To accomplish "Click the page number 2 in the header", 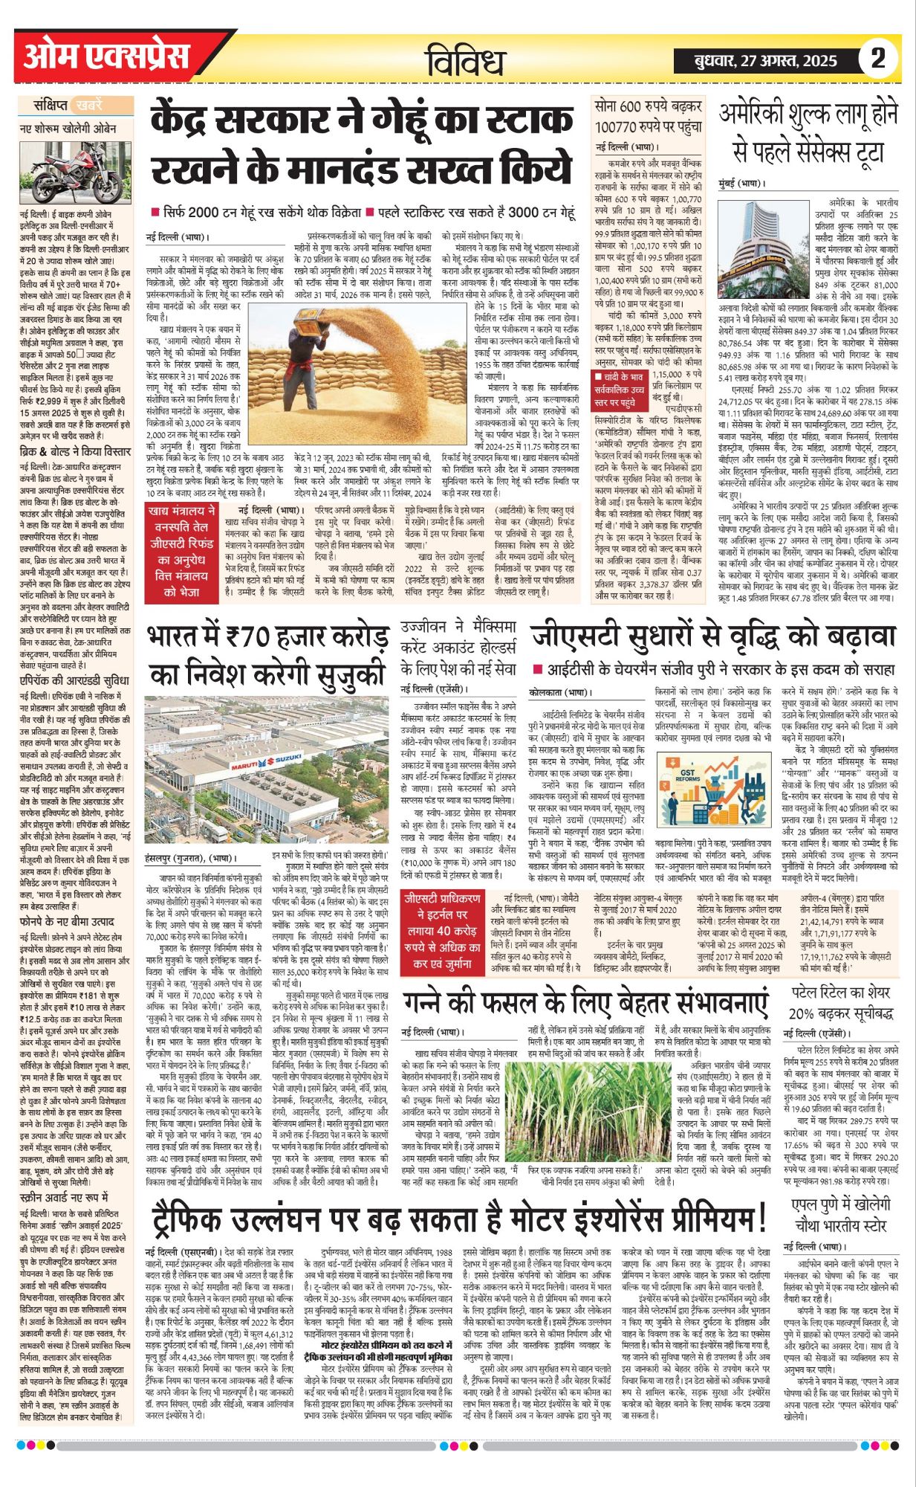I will [878, 58].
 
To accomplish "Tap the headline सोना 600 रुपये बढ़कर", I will [648, 117].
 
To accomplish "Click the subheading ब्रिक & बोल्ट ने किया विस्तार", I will [75, 451].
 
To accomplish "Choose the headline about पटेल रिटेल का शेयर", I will [840, 1002].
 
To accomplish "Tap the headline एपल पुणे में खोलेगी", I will [840, 1213].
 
